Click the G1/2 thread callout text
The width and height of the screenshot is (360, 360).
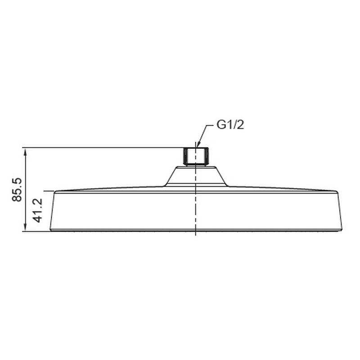[x=230, y=125]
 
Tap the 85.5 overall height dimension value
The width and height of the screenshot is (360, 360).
[x=17, y=189]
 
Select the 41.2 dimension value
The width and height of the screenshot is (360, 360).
[x=38, y=210]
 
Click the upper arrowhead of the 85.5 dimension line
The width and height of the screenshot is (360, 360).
[x=26, y=152]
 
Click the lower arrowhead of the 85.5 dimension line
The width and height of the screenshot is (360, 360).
[x=26, y=228]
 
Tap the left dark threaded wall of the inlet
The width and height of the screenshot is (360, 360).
[x=185, y=156]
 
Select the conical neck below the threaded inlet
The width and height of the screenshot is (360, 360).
[x=196, y=176]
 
